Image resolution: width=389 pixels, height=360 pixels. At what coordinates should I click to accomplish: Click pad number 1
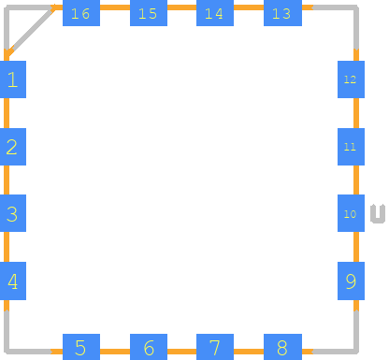(13, 79)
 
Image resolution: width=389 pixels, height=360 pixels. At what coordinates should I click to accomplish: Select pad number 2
(13, 147)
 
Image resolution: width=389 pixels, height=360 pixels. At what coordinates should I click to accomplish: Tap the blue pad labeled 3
(13, 213)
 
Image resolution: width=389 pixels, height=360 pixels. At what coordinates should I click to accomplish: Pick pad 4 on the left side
(13, 281)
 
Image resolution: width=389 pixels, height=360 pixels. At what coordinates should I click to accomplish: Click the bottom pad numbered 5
(81, 347)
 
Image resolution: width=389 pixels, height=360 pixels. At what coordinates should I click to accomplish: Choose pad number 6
(149, 347)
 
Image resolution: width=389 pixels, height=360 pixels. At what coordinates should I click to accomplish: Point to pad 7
(215, 347)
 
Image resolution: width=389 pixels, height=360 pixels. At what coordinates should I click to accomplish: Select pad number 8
(282, 347)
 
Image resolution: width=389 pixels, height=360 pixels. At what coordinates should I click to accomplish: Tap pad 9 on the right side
(351, 281)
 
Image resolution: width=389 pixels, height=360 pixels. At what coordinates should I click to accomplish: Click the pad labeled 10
(351, 213)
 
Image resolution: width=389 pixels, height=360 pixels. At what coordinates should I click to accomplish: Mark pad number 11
(351, 147)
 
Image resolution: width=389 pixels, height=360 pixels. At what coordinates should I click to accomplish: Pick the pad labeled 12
(351, 79)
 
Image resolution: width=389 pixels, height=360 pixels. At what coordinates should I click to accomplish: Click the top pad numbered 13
(282, 13)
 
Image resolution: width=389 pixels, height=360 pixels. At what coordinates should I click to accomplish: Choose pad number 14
(215, 13)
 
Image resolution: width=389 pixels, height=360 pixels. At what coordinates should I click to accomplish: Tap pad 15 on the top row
(149, 13)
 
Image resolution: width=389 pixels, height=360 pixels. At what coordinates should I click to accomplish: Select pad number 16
(81, 13)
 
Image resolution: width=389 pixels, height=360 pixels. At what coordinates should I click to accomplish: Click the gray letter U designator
(378, 214)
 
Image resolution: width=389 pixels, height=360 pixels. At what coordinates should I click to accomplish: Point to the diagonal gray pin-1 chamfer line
(31, 31)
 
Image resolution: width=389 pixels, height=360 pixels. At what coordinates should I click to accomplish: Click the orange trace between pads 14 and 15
(181, 7)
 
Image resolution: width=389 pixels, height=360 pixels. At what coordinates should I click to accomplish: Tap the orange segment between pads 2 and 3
(7, 180)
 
